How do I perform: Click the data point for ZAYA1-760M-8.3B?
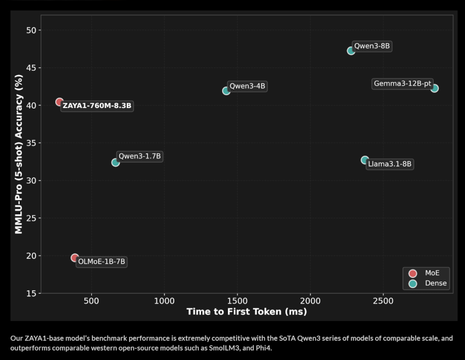click(x=59, y=102)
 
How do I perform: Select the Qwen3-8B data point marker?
click(x=351, y=51)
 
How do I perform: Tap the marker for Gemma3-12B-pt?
click(x=434, y=88)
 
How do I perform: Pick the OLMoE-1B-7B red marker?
click(x=75, y=258)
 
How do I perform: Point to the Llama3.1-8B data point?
click(x=365, y=160)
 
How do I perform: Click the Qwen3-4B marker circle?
click(x=226, y=91)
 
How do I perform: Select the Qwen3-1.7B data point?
click(x=116, y=163)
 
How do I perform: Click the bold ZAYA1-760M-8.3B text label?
click(x=97, y=106)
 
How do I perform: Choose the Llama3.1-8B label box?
click(x=389, y=164)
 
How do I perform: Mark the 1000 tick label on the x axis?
click(x=164, y=302)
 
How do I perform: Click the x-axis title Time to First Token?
click(x=246, y=312)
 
